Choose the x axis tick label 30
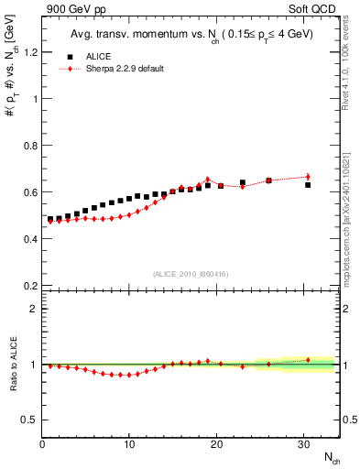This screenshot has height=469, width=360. pos(304,444)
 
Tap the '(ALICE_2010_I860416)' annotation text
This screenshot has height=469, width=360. pos(191,274)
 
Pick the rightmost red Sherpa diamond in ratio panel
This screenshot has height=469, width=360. pos(308,360)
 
